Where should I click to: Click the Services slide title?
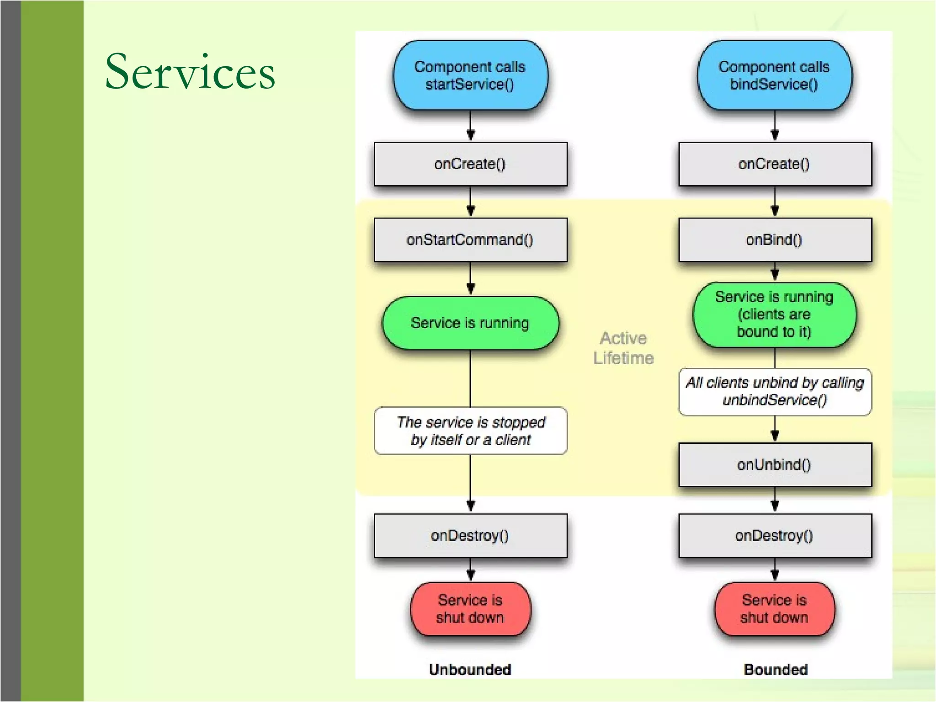(x=190, y=72)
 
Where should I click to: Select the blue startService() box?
(x=470, y=75)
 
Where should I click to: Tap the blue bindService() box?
(x=774, y=75)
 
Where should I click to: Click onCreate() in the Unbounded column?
(x=470, y=164)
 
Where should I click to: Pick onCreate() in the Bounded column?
(x=775, y=164)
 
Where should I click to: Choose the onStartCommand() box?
(x=470, y=239)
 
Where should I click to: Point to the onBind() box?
(x=775, y=239)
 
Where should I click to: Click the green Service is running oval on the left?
(x=470, y=323)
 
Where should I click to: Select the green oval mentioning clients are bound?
(x=775, y=314)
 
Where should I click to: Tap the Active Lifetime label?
(x=623, y=348)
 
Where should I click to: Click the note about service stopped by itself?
(x=471, y=431)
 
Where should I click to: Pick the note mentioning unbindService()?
(x=775, y=392)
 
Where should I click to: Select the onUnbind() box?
(x=775, y=464)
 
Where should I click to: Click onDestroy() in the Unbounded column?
(x=470, y=535)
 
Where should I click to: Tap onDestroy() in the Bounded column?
(x=775, y=535)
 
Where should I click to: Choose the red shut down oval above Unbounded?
(x=470, y=609)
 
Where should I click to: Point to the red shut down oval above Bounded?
(x=775, y=609)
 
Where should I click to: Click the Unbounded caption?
(x=470, y=670)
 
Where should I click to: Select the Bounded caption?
(x=776, y=670)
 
